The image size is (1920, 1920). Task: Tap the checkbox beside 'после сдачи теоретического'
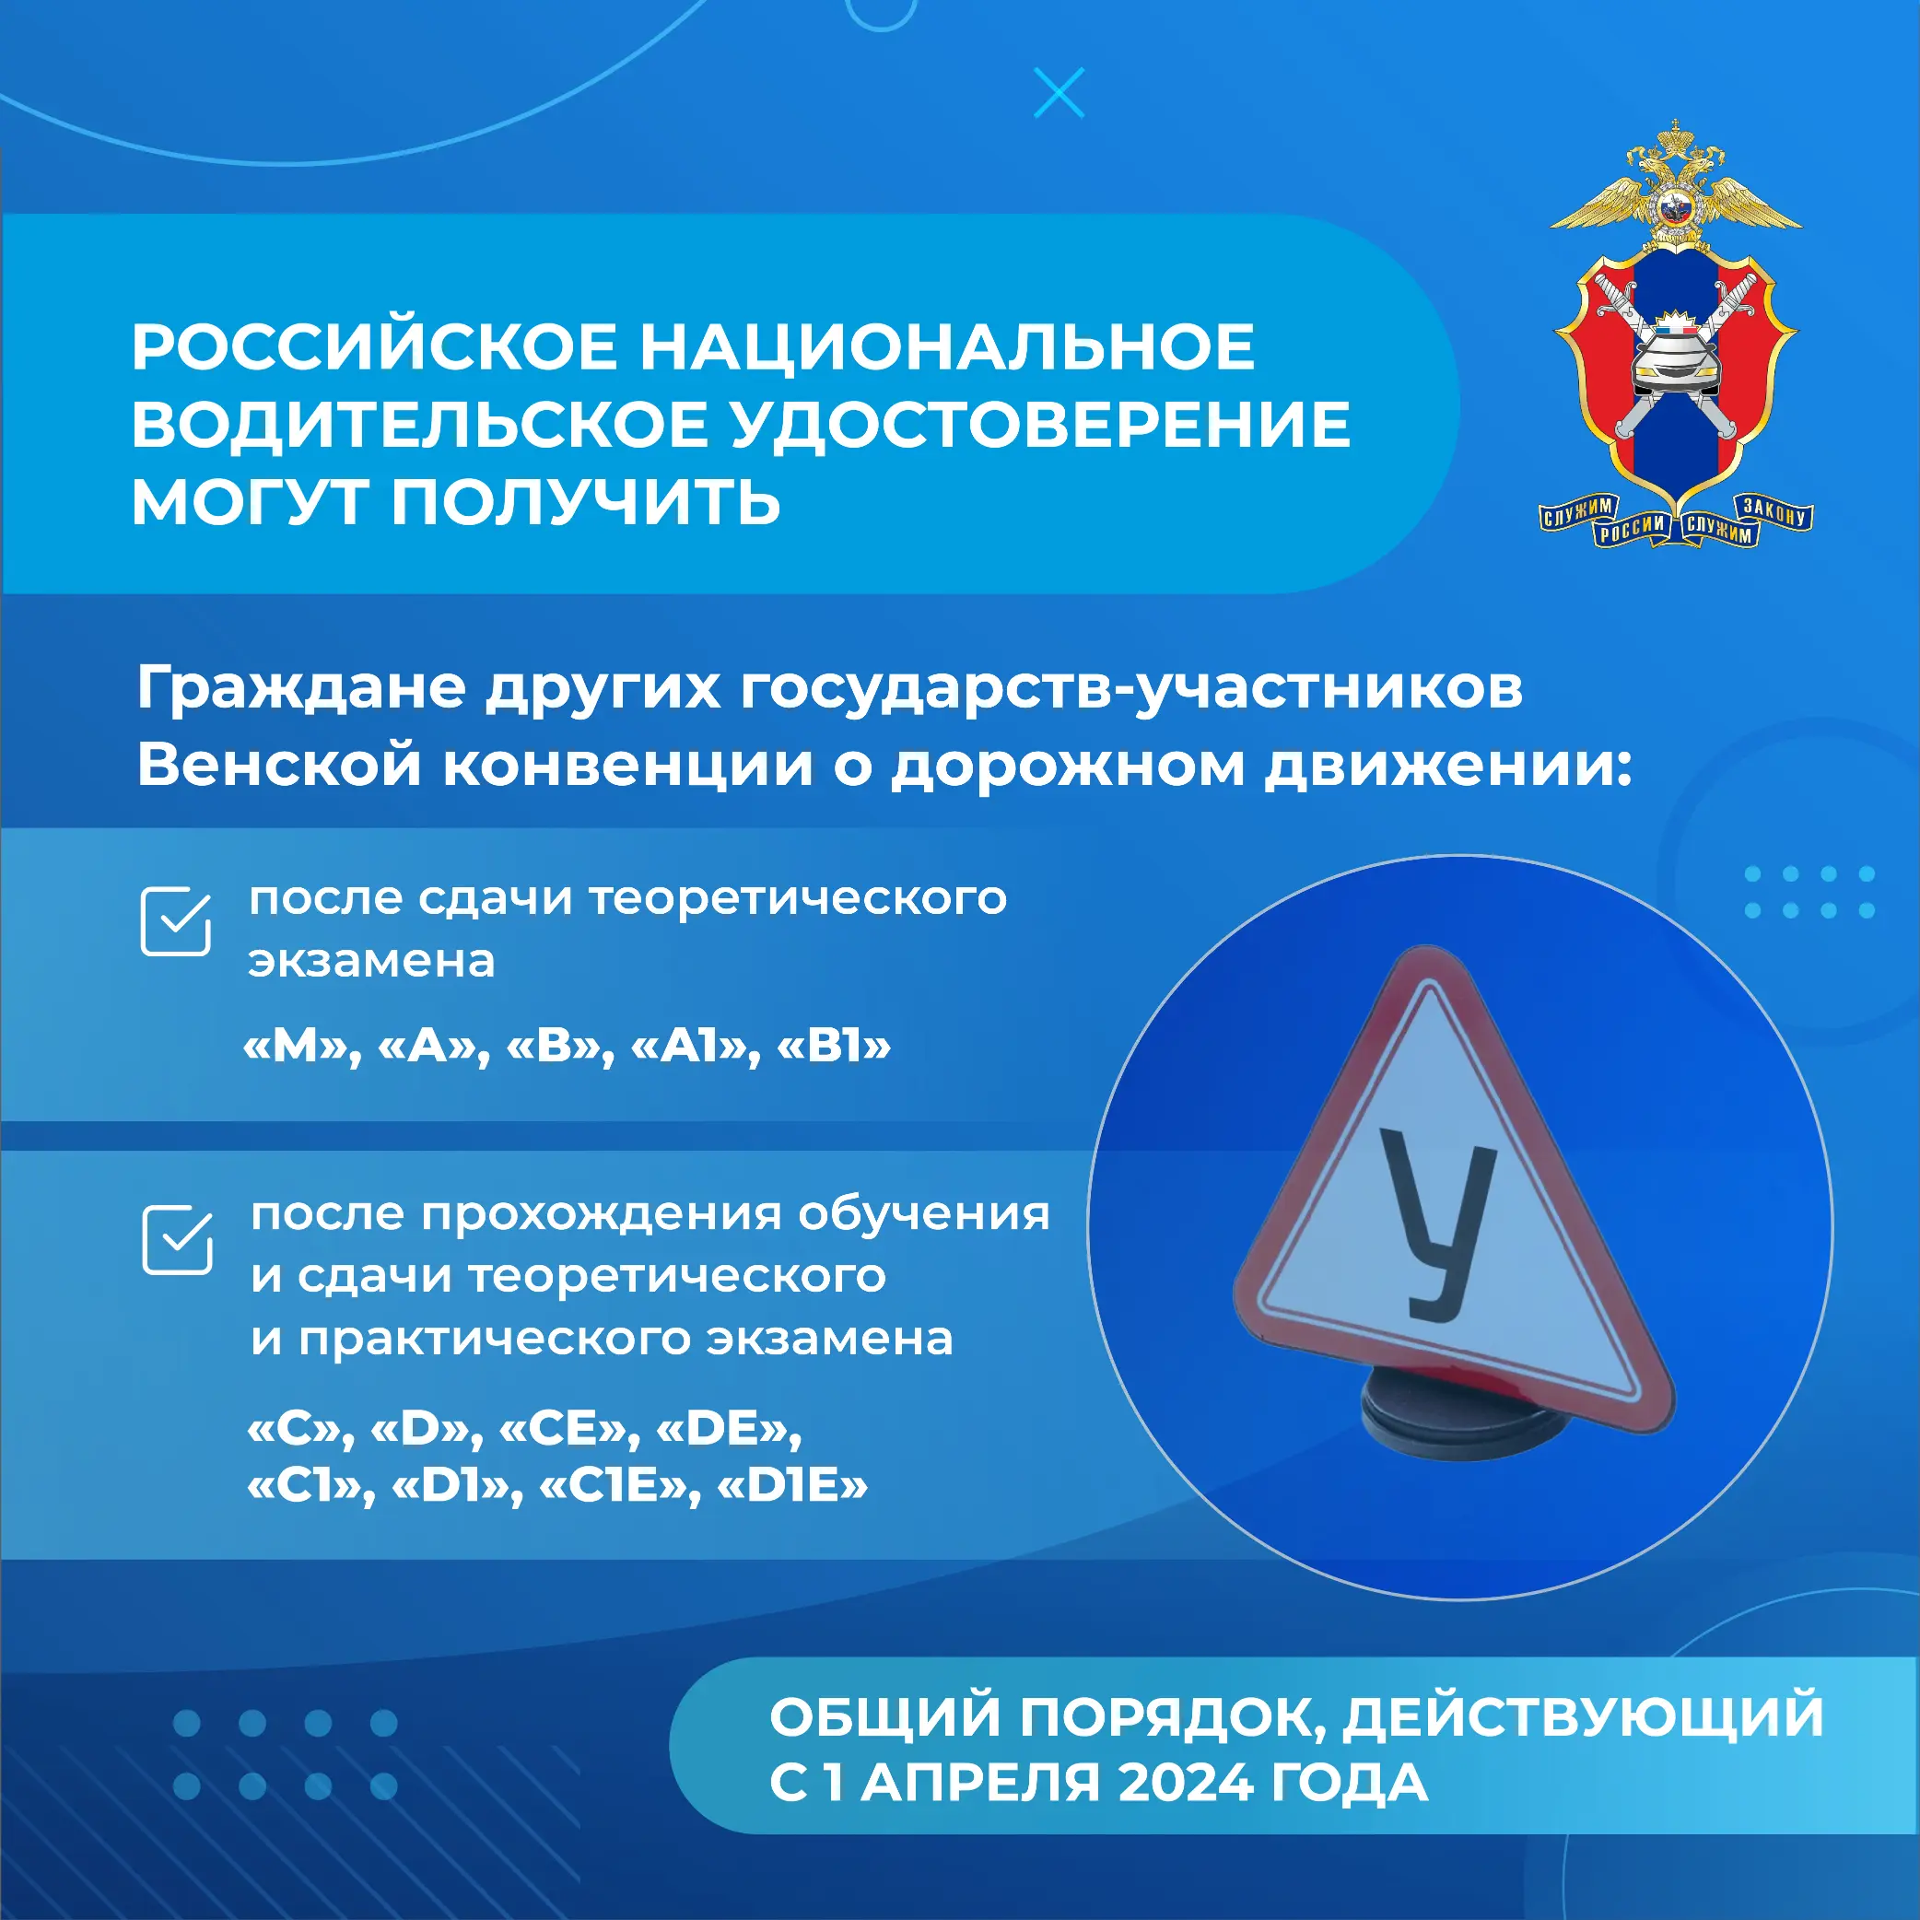pyautogui.click(x=176, y=921)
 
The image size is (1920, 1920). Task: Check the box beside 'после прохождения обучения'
pyautogui.click(x=178, y=1239)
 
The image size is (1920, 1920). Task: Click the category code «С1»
pyautogui.click(x=311, y=1487)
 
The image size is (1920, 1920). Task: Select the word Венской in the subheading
pyautogui.click(x=279, y=766)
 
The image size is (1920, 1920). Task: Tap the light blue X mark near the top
pyautogui.click(x=1060, y=93)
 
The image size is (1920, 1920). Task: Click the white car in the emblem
pyautogui.click(x=1676, y=363)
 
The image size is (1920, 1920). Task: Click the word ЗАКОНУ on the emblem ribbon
pyautogui.click(x=1775, y=510)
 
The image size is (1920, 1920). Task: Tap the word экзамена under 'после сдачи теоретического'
pyautogui.click(x=371, y=961)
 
